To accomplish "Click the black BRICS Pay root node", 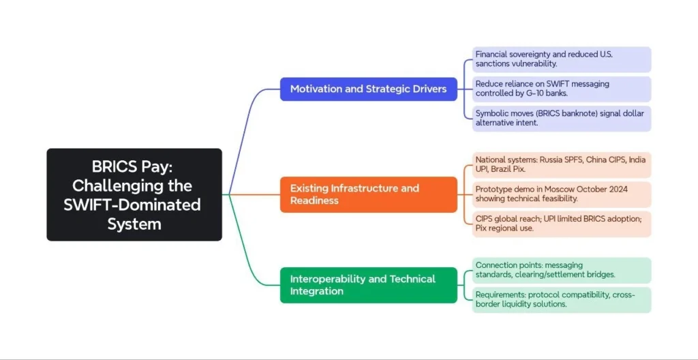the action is [134, 195].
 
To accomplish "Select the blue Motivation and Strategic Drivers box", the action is [369, 89].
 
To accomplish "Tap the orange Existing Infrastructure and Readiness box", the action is [369, 194].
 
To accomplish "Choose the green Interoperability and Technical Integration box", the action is [369, 285].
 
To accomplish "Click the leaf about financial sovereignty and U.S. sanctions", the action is [562, 59].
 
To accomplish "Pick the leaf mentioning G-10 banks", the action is [562, 89].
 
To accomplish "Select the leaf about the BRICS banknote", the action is [562, 118].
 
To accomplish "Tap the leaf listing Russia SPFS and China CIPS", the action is [562, 164].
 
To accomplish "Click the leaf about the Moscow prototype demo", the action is [562, 194].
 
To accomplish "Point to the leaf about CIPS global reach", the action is [562, 224].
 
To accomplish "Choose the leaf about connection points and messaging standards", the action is [562, 270].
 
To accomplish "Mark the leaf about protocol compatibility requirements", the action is [562, 300].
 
